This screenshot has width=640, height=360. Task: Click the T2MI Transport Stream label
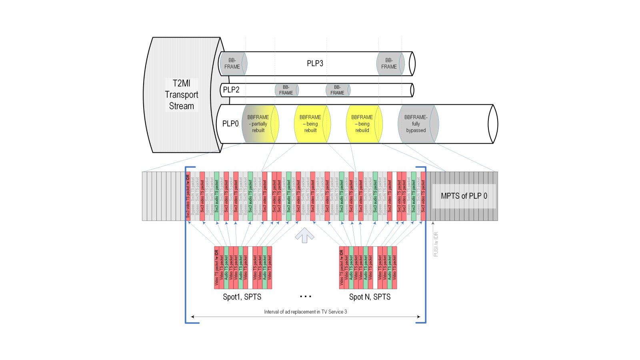pyautogui.click(x=182, y=95)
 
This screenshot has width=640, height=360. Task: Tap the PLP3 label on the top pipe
pyautogui.click(x=315, y=64)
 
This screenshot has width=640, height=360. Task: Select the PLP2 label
pyautogui.click(x=231, y=90)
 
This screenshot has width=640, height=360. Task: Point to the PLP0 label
pyautogui.click(x=230, y=124)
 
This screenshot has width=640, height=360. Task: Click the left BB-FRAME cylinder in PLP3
pyautogui.click(x=233, y=64)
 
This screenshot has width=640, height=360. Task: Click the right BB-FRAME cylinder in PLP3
pyautogui.click(x=390, y=64)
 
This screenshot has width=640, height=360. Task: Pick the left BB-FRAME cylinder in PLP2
pyautogui.click(x=286, y=90)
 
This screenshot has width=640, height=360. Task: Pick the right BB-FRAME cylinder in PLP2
pyautogui.click(x=337, y=90)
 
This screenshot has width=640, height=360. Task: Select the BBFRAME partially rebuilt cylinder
pyautogui.click(x=259, y=124)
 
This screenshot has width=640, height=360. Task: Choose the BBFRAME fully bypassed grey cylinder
pyautogui.click(x=416, y=124)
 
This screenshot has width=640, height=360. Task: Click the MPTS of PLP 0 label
pyautogui.click(x=464, y=196)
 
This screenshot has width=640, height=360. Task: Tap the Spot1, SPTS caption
pyautogui.click(x=242, y=297)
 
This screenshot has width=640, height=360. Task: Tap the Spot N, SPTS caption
pyautogui.click(x=370, y=297)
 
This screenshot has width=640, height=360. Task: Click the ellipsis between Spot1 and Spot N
pyautogui.click(x=306, y=296)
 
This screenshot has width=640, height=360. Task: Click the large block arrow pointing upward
pyautogui.click(x=304, y=235)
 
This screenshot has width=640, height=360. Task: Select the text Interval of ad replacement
pyautogui.click(x=305, y=312)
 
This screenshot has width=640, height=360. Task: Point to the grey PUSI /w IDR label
pyautogui.click(x=436, y=244)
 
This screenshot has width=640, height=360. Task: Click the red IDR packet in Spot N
pyautogui.click(x=342, y=267)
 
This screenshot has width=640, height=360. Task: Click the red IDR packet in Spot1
pyautogui.click(x=216, y=267)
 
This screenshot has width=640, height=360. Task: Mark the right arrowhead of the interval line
pyautogui.click(x=418, y=317)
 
